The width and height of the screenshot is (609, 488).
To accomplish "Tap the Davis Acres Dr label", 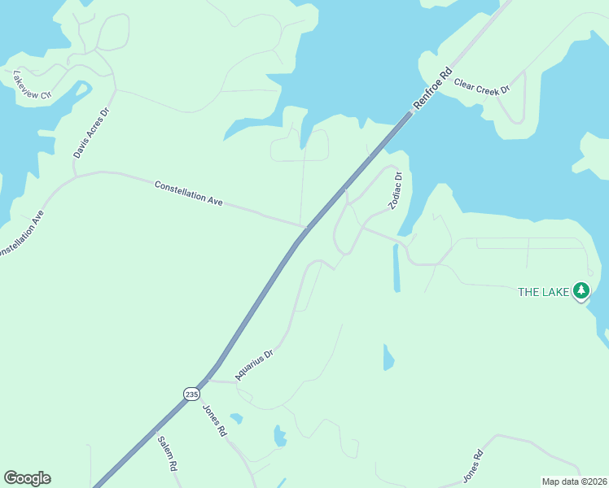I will pyautogui.click(x=90, y=131).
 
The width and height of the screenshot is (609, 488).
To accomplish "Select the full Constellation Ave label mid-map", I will pyautogui.click(x=189, y=193).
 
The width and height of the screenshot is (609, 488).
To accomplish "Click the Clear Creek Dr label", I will pyautogui.click(x=482, y=85).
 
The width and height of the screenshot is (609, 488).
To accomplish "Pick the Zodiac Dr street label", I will pyautogui.click(x=396, y=191).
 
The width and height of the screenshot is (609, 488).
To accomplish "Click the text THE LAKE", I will pyautogui.click(x=544, y=291).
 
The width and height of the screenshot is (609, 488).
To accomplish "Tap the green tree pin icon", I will pyautogui.click(x=581, y=290).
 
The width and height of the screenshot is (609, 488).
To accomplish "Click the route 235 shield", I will pyautogui.click(x=191, y=394).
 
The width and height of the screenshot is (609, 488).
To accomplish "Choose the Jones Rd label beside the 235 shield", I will pyautogui.click(x=212, y=420).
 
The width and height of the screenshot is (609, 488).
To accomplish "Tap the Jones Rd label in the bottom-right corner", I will pyautogui.click(x=473, y=466).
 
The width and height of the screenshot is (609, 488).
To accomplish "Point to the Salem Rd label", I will pyautogui.click(x=166, y=454).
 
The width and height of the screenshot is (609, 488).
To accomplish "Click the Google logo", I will pyautogui.click(x=27, y=478).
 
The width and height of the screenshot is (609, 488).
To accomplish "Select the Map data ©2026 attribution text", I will pyautogui.click(x=573, y=481).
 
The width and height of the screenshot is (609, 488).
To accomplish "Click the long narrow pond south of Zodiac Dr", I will pyautogui.click(x=397, y=268).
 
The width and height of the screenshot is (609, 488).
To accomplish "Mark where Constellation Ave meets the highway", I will pyautogui.click(x=305, y=228).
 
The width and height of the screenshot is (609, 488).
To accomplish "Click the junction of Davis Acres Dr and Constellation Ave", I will pyautogui.click(x=76, y=174).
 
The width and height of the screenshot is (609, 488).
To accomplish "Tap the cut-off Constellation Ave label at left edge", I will pyautogui.click(x=20, y=236).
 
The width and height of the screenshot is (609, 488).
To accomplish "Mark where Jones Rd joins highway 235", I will pyautogui.click(x=208, y=378).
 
